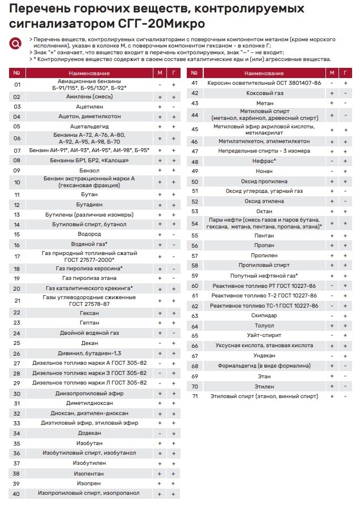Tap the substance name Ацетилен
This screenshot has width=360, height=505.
(89, 106)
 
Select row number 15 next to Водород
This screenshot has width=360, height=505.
(17, 234)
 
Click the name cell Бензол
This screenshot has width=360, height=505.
(89, 170)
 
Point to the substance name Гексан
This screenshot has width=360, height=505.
(89, 313)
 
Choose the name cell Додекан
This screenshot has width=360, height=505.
(89, 433)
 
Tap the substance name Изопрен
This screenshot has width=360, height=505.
(89, 484)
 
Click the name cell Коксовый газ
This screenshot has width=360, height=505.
(265, 93)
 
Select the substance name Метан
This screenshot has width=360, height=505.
(265, 103)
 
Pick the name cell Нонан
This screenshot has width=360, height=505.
(265, 171)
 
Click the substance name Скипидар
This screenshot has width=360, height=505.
(265, 316)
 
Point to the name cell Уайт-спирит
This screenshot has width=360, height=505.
(265, 336)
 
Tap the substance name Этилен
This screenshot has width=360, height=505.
(265, 386)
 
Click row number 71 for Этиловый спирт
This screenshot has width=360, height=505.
(195, 396)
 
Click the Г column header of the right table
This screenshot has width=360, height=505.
(345, 74)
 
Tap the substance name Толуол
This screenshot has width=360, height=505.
(265, 326)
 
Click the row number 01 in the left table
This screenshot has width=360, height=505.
(17, 84)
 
